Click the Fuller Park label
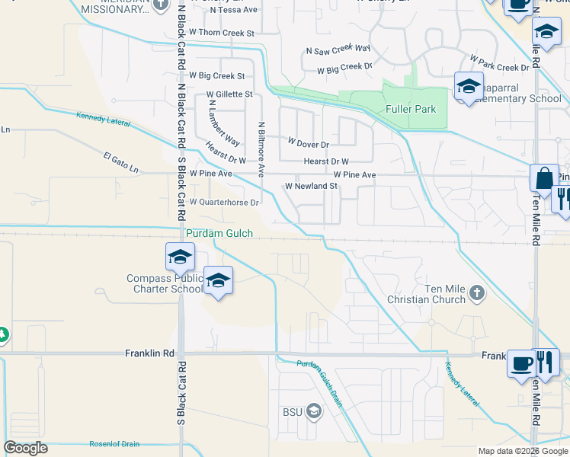[x=411, y=109]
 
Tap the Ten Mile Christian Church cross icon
[x=477, y=292]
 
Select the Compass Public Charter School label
[x=165, y=283]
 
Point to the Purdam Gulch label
[x=220, y=233]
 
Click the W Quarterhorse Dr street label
[x=224, y=203]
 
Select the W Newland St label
[x=311, y=186]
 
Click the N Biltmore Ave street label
[x=261, y=149]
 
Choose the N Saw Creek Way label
[x=338, y=49]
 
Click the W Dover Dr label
[x=308, y=142]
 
